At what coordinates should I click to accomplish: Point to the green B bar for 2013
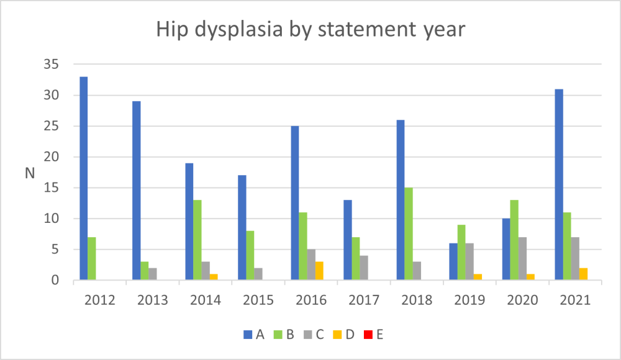tap(145, 271)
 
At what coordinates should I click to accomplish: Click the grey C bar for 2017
tap(365, 268)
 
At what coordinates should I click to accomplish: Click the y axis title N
tap(30, 173)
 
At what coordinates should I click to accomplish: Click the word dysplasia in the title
tap(242, 30)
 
